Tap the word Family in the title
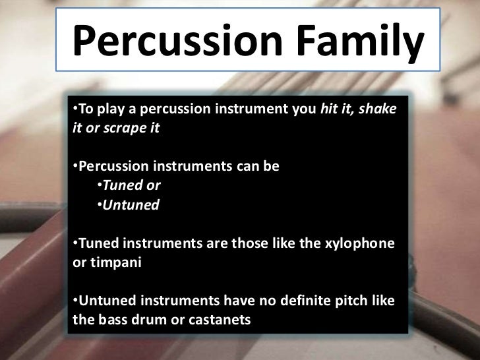pyautogui.click(x=355, y=41)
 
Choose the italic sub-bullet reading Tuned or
pyautogui.click(x=132, y=185)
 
